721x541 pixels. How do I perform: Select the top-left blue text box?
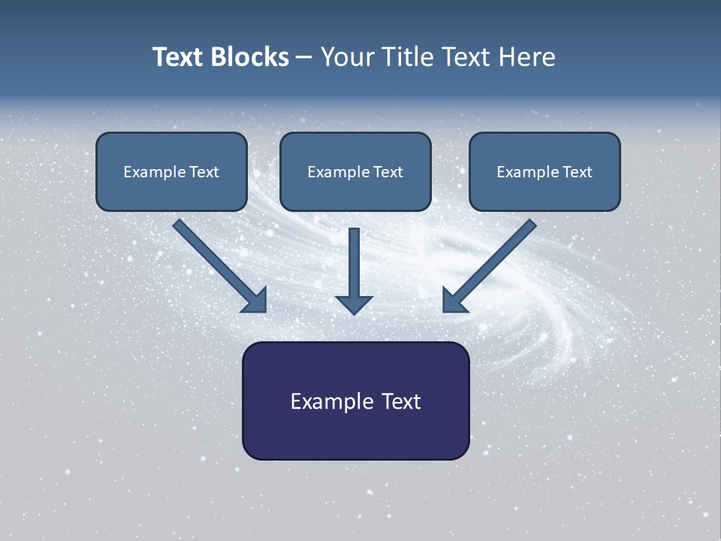(x=171, y=171)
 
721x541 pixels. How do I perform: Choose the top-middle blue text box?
(x=355, y=171)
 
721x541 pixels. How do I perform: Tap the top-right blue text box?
(x=545, y=171)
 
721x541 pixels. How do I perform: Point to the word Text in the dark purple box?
(x=401, y=401)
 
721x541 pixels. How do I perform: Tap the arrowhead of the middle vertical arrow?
(x=354, y=304)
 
